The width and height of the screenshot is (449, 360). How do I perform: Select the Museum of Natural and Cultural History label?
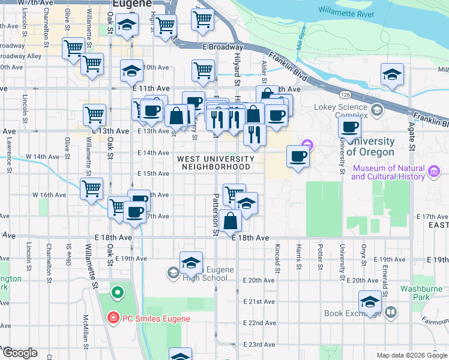(389, 172)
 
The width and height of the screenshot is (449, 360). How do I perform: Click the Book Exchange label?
(351, 313)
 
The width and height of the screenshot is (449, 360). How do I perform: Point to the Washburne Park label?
(421, 292)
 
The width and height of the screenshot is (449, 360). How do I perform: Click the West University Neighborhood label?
(215, 163)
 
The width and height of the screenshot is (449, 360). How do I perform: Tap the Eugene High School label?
(206, 274)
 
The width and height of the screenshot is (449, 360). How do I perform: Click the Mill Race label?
(303, 41)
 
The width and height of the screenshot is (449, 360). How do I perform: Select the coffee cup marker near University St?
(349, 127)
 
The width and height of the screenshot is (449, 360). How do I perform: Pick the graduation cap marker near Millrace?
(391, 75)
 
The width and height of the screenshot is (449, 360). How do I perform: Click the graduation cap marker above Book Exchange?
(370, 301)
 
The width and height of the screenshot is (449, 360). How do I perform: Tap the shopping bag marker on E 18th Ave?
(230, 220)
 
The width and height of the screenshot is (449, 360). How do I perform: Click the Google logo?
(19, 353)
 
